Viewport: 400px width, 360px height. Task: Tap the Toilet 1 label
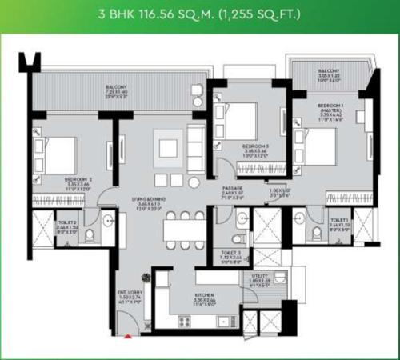(340, 220)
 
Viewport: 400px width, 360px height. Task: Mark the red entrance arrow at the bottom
(126, 337)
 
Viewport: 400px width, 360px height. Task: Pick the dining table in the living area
(186, 229)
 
